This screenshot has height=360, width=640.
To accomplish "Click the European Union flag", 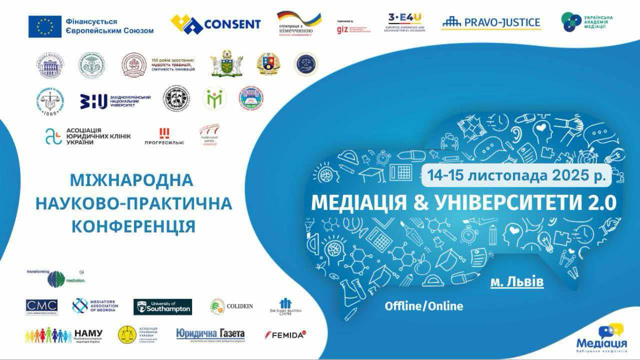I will point(45,26).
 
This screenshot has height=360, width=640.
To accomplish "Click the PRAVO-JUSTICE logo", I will point(491,22).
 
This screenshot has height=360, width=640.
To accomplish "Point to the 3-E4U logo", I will point(404,22).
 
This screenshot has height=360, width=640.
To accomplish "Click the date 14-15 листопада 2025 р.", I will point(517,175).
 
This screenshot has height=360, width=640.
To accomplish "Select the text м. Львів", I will point(517,282).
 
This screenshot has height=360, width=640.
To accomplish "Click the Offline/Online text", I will point(424,306).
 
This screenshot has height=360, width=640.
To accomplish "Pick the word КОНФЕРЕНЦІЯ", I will point(133,226).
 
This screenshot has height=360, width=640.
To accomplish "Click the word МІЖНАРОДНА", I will point(131,180).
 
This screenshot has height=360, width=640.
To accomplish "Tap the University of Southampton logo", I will point(162,306).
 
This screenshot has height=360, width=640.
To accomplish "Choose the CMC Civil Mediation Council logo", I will point(41,307).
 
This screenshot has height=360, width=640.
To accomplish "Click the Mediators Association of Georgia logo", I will point(95,305).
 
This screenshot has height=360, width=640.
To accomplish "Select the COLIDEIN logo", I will point(231,306).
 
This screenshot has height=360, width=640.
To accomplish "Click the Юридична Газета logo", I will point(210,334).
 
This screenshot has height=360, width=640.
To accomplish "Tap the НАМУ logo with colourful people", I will point(64,334).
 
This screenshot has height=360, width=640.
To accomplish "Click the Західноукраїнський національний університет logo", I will point(115,101).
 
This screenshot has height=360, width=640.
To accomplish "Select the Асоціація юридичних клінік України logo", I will point(88,135).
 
